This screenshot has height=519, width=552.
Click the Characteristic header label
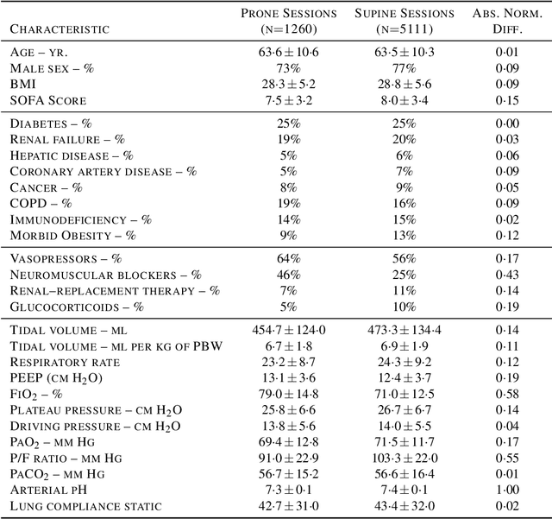(x=60, y=28)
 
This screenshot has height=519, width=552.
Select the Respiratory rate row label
(x=65, y=362)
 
